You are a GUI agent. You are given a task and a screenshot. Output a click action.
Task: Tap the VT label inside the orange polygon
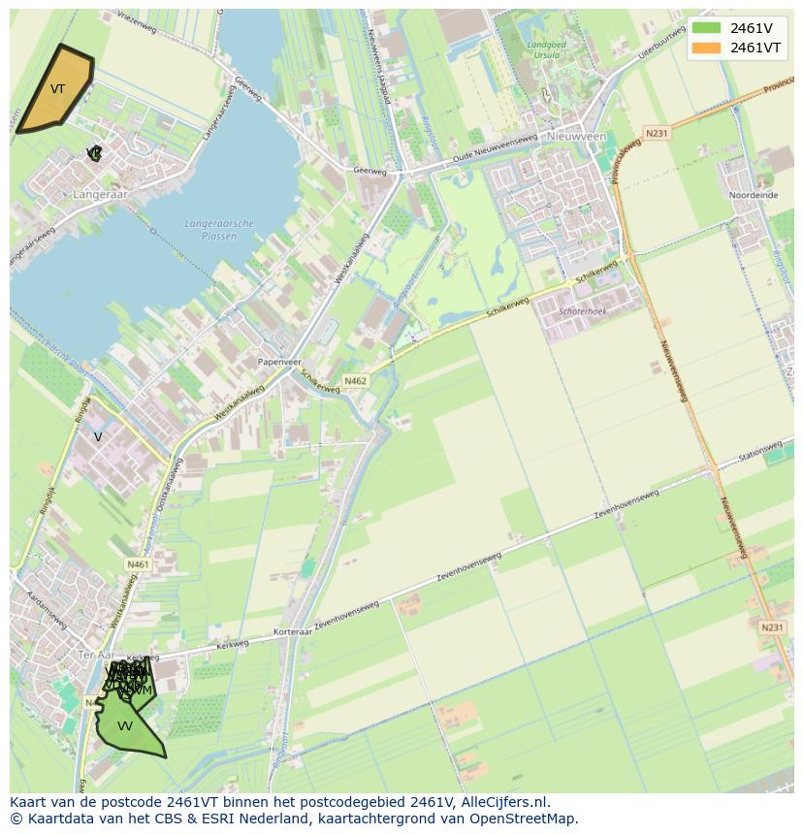click(57, 89)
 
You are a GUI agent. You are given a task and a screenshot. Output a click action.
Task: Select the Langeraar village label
click(100, 195)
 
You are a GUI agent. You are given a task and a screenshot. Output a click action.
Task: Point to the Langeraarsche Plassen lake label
click(219, 230)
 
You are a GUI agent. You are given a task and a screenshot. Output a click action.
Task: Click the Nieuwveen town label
click(576, 138)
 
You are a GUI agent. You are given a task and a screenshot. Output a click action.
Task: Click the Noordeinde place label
click(754, 195)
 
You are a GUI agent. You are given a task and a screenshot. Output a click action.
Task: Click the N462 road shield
click(356, 381)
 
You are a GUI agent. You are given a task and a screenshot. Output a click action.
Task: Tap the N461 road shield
click(138, 563)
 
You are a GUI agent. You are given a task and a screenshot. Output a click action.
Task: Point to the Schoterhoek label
click(583, 310)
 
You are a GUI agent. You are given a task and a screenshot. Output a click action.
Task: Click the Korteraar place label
click(292, 631)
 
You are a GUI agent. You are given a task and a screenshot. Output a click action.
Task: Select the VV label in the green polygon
click(124, 725)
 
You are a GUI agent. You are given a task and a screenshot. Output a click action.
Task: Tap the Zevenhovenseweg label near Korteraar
click(345, 615)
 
